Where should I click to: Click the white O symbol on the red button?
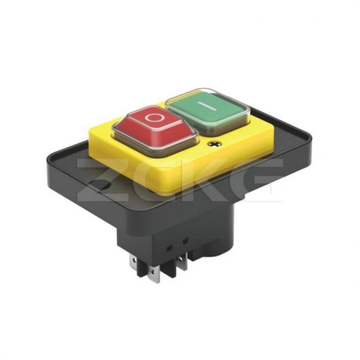153,117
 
